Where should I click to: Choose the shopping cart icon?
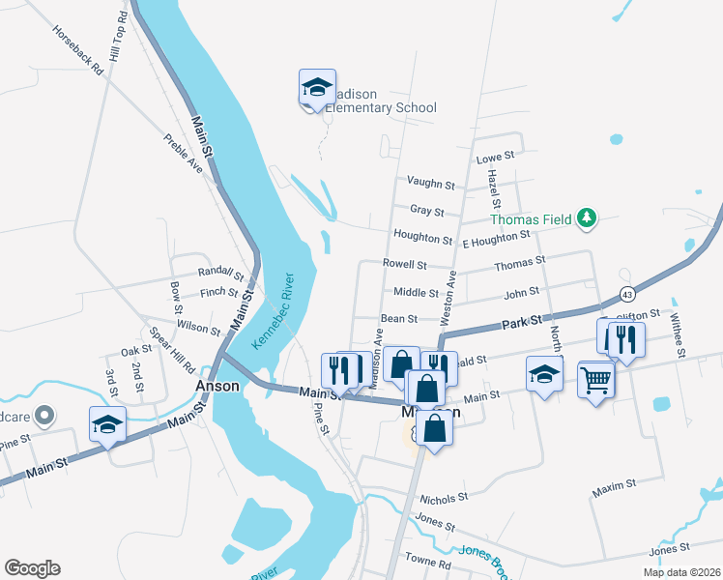tap(596, 380)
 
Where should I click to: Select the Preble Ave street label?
tap(183, 153)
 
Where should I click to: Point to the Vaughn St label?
tap(430, 184)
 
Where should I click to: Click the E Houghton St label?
tap(496, 237)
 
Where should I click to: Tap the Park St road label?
tap(521, 321)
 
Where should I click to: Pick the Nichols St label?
tap(444, 499)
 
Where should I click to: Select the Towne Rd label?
tap(428, 562)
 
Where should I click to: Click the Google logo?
tap(32, 568)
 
